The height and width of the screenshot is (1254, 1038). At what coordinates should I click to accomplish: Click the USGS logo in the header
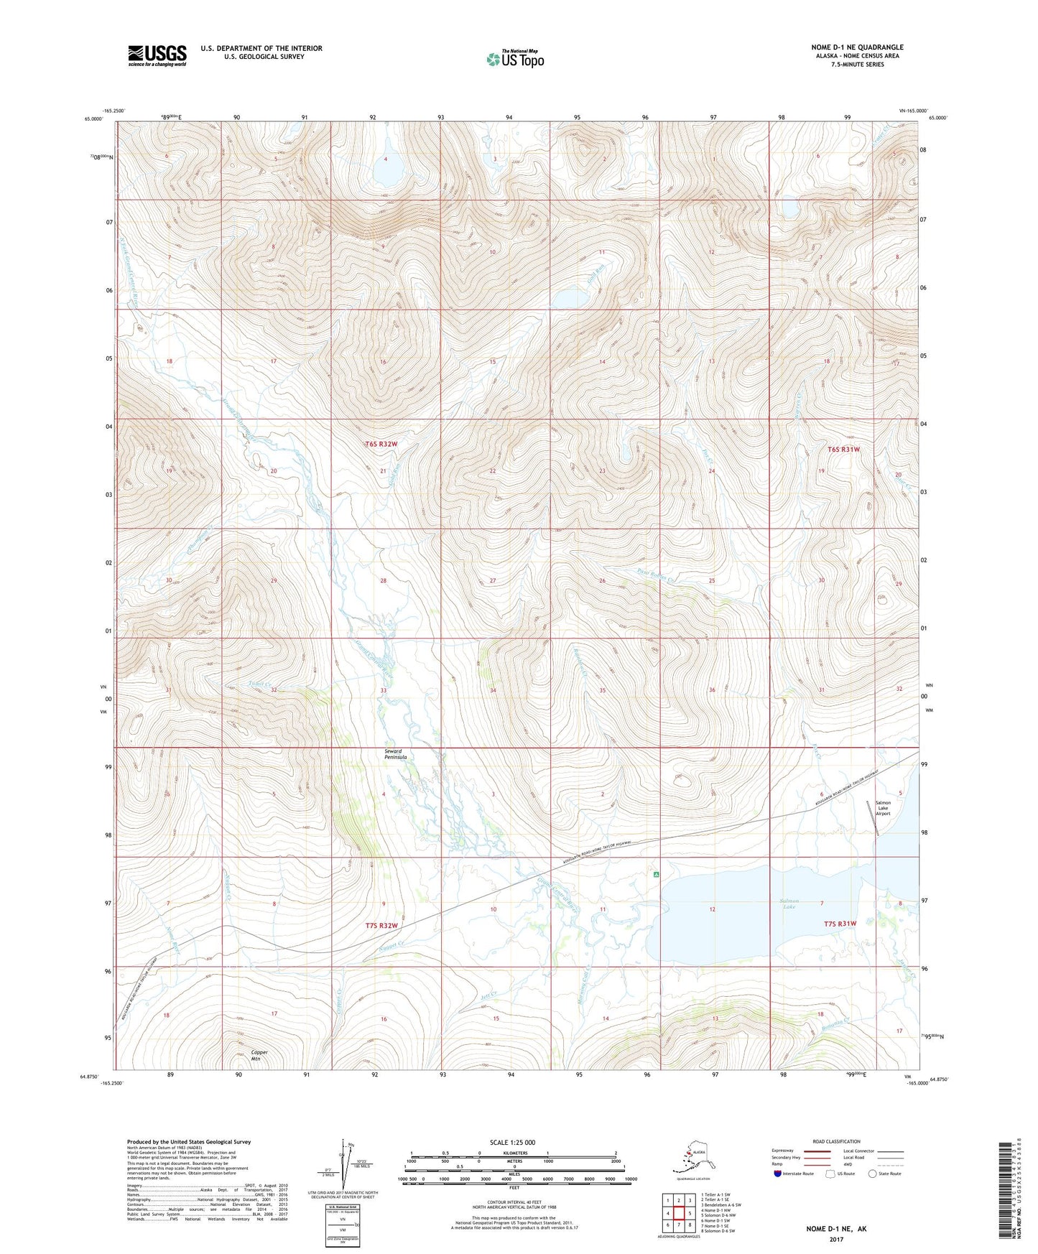pyautogui.click(x=157, y=55)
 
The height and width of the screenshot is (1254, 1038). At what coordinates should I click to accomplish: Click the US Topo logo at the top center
pyautogui.click(x=514, y=58)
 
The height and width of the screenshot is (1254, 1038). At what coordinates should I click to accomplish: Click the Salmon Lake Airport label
pyautogui.click(x=883, y=808)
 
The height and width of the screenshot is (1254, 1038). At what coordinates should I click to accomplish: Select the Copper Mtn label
pyautogui.click(x=259, y=1056)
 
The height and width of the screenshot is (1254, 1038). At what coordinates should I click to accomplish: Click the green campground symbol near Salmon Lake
pyautogui.click(x=657, y=875)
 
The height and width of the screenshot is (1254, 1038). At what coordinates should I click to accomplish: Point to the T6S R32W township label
pyautogui.click(x=381, y=444)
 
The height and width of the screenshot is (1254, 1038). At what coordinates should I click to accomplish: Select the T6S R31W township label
pyautogui.click(x=843, y=449)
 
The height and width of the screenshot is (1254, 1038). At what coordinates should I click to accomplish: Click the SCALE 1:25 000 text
pyautogui.click(x=514, y=1142)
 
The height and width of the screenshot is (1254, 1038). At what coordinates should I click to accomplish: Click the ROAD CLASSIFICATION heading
pyautogui.click(x=837, y=1141)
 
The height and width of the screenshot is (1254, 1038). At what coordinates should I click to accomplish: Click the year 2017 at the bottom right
pyautogui.click(x=836, y=1239)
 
